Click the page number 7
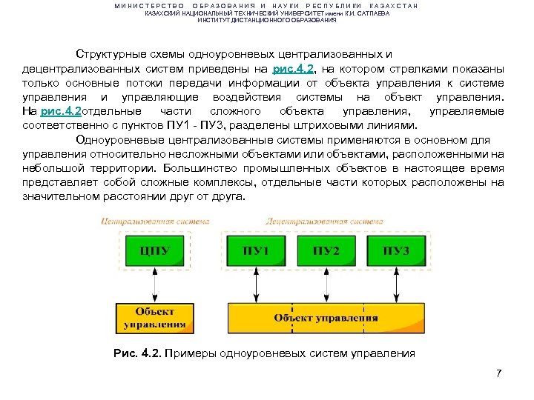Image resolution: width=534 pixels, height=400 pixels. pos(499,373)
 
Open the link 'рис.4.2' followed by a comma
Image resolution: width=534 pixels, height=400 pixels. pos(294,68)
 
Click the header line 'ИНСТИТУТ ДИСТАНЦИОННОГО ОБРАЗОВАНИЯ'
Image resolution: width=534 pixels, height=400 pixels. pos(267,20)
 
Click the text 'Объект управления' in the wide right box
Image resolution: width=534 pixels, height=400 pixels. pos(326,318)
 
